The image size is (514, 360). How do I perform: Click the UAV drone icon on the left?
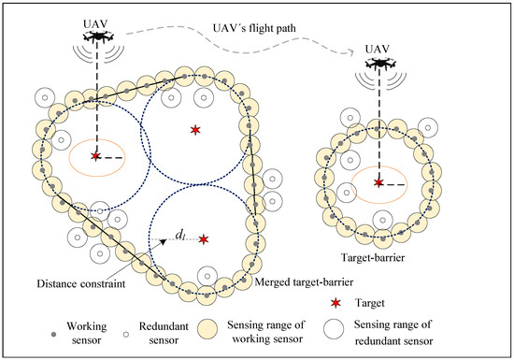[x=95, y=36]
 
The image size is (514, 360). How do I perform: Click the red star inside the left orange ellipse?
[x=95, y=157]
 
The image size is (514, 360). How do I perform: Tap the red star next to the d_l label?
[x=203, y=240]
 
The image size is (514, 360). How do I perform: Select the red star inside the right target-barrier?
[x=378, y=182]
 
